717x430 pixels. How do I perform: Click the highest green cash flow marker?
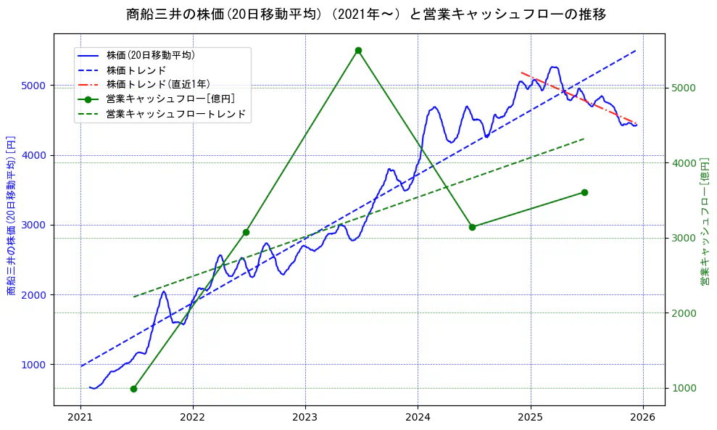click(x=358, y=50)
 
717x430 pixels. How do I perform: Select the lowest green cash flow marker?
click(x=133, y=389)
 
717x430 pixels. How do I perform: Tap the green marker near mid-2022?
click(x=246, y=232)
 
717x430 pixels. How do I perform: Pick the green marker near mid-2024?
click(x=472, y=227)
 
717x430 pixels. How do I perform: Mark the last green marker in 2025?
click(x=584, y=192)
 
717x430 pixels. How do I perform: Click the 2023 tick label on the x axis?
click(x=305, y=418)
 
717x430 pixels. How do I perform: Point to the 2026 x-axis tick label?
click(x=642, y=418)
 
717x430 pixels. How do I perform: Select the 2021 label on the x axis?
click(x=80, y=418)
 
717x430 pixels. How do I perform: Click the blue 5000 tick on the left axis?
click(x=34, y=86)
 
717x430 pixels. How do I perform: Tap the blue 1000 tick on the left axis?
click(x=34, y=365)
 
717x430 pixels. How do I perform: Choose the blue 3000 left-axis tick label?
click(x=34, y=225)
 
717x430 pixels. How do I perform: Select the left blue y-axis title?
click(x=11, y=216)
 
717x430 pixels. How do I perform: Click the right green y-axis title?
click(x=705, y=221)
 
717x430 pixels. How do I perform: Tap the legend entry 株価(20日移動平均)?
click(x=150, y=54)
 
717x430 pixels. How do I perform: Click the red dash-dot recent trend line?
click(x=580, y=97)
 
